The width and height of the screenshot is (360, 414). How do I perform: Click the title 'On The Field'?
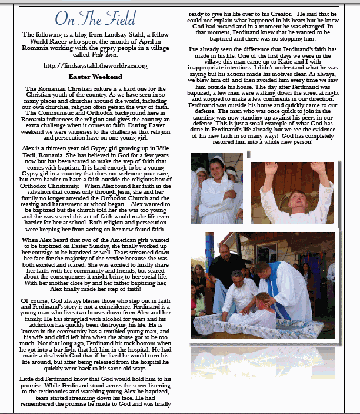(x=95, y=19)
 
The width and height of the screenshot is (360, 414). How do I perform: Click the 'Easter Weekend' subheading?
(x=95, y=77)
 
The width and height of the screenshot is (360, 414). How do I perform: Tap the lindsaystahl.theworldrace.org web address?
(x=95, y=65)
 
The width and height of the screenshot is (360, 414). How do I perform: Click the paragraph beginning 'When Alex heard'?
(x=95, y=265)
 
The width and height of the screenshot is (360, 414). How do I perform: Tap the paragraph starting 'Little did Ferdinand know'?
(x=95, y=391)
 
